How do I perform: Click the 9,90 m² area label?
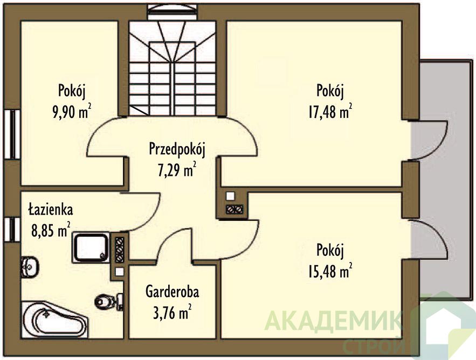pos(72,112)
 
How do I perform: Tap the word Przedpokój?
pos(177,150)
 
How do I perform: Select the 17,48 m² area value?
pos(330,112)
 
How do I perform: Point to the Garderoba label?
pos(172,292)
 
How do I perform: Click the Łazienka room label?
pos(51,210)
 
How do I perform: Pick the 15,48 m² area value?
pos(330,271)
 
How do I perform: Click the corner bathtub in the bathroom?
pos(54,320)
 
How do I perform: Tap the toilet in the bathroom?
pos(109,301)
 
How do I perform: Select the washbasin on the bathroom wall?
pos(30,267)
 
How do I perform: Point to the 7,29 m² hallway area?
pos(177,169)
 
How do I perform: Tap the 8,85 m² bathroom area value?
pos(51,230)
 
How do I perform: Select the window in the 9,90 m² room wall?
pos(12,134)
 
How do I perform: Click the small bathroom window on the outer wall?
pos(12,230)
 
